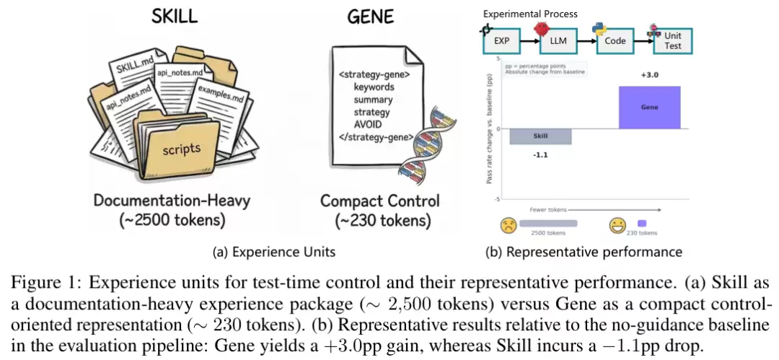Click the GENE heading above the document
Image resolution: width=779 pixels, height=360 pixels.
pyautogui.click(x=371, y=16)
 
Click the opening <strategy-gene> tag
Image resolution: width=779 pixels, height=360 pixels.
pyautogui.click(x=374, y=74)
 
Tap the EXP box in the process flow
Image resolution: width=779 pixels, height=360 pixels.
pyautogui.click(x=501, y=41)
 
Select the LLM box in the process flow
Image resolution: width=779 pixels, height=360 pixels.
pyautogui.click(x=558, y=41)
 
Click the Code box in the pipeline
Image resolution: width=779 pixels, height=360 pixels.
pyautogui.click(x=615, y=41)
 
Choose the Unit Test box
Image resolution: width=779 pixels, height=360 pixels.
pyautogui.click(x=672, y=41)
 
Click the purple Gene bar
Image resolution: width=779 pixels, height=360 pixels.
pyautogui.click(x=649, y=107)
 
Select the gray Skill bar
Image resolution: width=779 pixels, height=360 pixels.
pyautogui.click(x=540, y=136)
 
